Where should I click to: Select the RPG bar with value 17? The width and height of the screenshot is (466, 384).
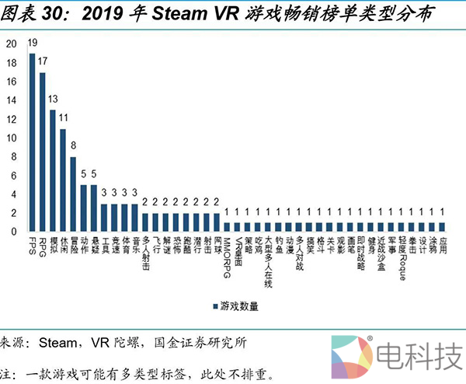43,152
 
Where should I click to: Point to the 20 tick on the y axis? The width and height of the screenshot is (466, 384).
10,44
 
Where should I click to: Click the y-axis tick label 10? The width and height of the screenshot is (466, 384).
10,138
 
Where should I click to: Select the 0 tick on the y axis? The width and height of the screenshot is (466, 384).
12,232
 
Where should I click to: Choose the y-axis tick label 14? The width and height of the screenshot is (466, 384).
10,100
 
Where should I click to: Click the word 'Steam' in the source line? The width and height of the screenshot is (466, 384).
58,343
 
